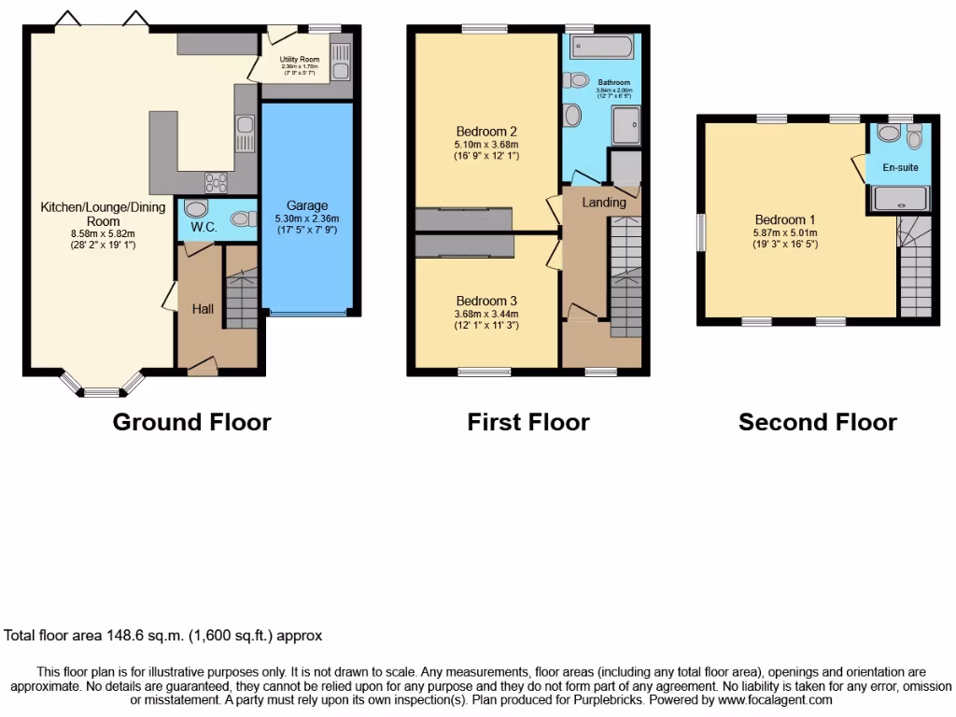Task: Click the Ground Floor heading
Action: pyautogui.click(x=191, y=422)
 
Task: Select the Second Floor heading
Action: pyautogui.click(x=817, y=422)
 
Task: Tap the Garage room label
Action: pyautogui.click(x=307, y=205)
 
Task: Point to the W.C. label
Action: pyautogui.click(x=204, y=227)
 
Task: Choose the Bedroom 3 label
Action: pyautogui.click(x=486, y=301)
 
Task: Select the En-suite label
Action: pyautogui.click(x=901, y=168)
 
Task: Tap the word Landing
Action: pyautogui.click(x=603, y=203)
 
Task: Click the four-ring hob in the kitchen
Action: pyautogui.click(x=216, y=182)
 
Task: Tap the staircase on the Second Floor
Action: pyautogui.click(x=915, y=271)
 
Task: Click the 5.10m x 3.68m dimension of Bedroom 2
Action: pyautogui.click(x=486, y=144)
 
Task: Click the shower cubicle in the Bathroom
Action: pyautogui.click(x=626, y=124)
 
